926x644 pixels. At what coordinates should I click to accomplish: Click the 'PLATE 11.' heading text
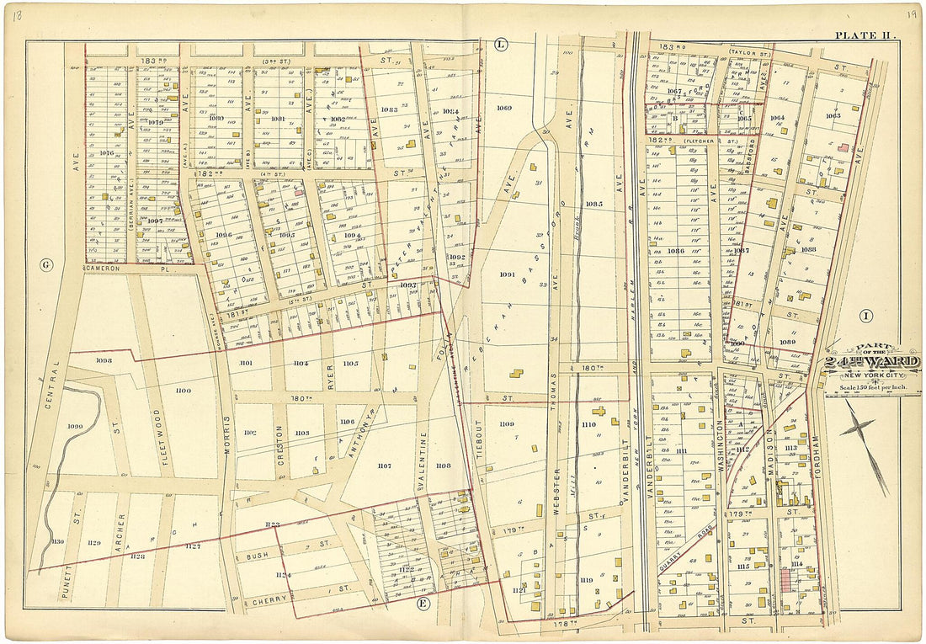click(865, 35)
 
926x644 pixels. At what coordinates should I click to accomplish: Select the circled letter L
click(500, 44)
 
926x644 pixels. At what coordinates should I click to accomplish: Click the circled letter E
click(423, 603)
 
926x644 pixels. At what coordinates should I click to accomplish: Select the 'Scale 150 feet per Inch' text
click(871, 386)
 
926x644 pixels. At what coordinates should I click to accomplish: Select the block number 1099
click(76, 428)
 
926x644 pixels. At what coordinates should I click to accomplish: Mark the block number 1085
click(593, 205)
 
